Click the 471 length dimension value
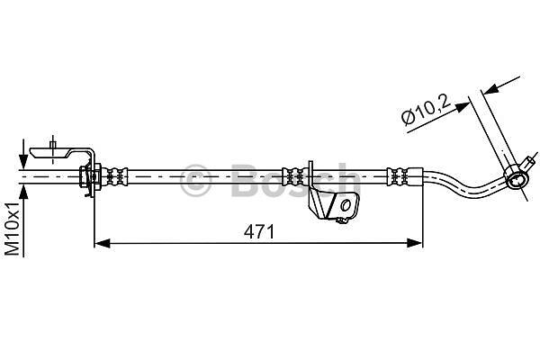pos(259,232)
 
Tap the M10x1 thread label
pos(13,229)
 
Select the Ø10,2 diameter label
pos(426,110)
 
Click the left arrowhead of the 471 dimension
pos(103,243)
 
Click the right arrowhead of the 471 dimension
pos(414,243)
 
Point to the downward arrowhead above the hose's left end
pos(23,161)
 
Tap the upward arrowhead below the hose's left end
pos(23,192)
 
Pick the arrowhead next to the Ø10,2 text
pos(462,106)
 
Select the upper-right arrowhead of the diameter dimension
pos(490,90)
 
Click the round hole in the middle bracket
pos(345,206)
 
